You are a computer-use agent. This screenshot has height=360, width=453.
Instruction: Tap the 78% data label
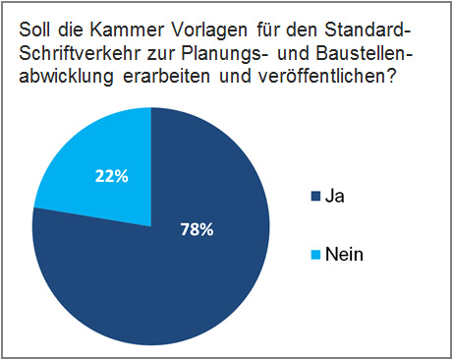pos(197,229)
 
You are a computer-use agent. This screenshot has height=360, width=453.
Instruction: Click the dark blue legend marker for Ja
pos(313,197)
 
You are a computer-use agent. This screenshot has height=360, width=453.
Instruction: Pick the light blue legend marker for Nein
pos(313,255)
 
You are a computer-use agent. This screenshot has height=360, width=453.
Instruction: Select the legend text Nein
pos(346,255)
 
